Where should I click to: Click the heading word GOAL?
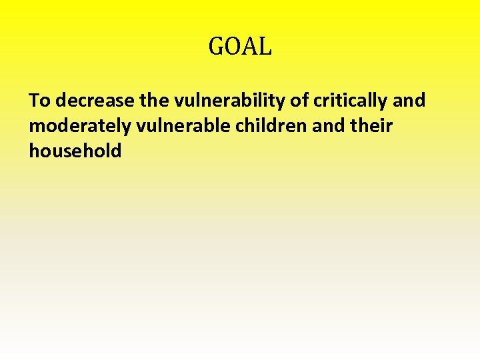[240, 47]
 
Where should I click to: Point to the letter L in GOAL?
[265, 47]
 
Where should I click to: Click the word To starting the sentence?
[39, 101]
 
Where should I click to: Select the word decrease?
[95, 101]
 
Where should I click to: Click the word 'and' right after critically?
[409, 101]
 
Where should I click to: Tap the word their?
[371, 126]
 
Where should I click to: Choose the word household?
[75, 151]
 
